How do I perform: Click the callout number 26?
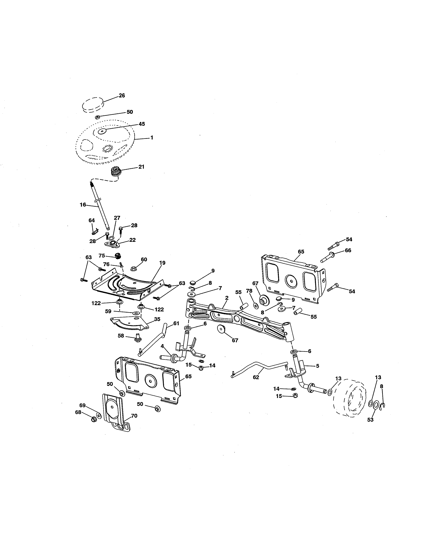pyautogui.click(x=122, y=95)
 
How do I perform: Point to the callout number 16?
pyautogui.click(x=83, y=205)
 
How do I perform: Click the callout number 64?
pyautogui.click(x=92, y=220)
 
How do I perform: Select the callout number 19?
pyautogui.click(x=162, y=263)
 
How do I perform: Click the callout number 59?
pyautogui.click(x=108, y=311)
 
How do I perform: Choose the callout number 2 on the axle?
pyautogui.click(x=227, y=298)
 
